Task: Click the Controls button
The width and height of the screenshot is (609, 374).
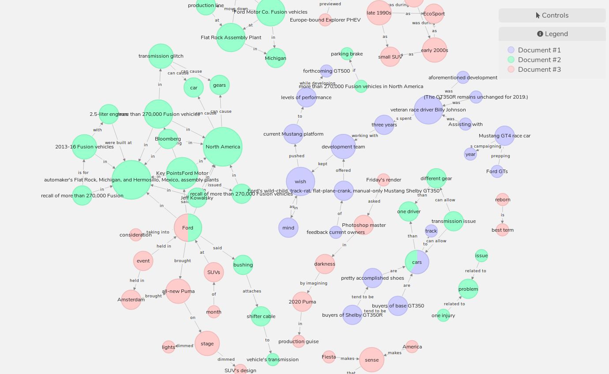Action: (552, 15)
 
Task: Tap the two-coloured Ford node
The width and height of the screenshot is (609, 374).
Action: (188, 228)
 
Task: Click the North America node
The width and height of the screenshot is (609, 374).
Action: (223, 147)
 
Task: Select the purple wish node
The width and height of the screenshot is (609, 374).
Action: (301, 181)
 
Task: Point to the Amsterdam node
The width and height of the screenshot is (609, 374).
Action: (131, 300)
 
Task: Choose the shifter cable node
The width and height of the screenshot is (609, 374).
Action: (261, 316)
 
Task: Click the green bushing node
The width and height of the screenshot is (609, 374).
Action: (243, 265)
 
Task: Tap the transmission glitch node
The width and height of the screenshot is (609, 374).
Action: (161, 56)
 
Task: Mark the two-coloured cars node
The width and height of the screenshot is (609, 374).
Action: (417, 262)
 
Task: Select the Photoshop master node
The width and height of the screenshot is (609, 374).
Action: (364, 225)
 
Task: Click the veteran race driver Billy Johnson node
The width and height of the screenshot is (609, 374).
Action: (428, 110)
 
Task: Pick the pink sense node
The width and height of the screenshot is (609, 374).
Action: (372, 360)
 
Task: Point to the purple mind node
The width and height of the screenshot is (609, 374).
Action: (288, 228)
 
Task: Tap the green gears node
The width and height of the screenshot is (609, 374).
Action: (219, 85)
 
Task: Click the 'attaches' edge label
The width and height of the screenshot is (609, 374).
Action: (252, 291)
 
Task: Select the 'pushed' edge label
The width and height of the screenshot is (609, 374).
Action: (297, 156)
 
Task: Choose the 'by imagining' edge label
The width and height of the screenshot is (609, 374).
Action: (314, 283)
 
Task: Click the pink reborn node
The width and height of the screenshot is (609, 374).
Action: (503, 200)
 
